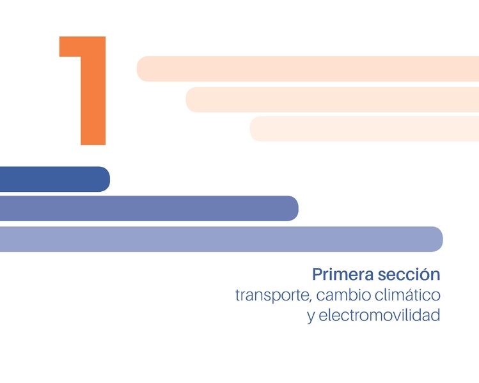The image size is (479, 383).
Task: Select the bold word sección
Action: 409,274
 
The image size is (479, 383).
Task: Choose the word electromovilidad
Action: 379,315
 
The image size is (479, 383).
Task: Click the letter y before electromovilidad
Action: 311,317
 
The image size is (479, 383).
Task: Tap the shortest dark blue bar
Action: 54,179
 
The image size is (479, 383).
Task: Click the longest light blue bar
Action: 221,239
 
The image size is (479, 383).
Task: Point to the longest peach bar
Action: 308,69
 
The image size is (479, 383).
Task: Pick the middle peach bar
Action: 332,100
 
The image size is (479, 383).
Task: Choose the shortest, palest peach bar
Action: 364,129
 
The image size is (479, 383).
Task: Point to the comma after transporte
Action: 311,301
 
